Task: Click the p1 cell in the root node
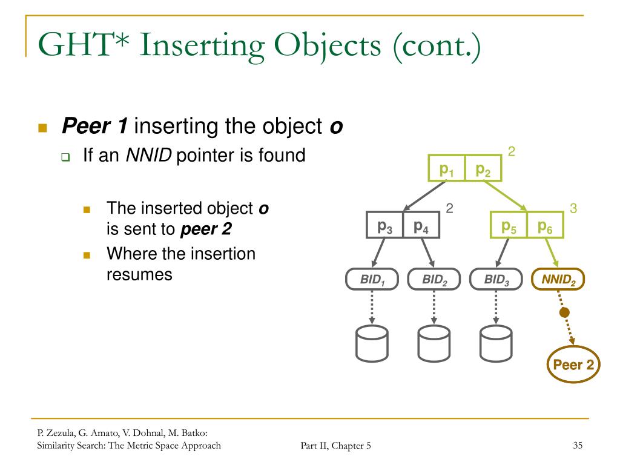coord(447,169)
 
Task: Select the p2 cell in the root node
coord(483,169)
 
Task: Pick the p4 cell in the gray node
coord(421,225)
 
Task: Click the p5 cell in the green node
coord(509,225)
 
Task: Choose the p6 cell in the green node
coord(545,225)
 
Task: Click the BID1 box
coord(372,279)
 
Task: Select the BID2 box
coord(434,279)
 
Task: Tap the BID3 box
coord(496,279)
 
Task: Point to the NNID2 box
coord(558,279)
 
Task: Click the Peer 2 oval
coord(573,364)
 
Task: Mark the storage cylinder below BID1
coord(372,344)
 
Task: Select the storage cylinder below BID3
coord(496,344)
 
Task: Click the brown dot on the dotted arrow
coord(564,312)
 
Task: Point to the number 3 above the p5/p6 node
coord(573,209)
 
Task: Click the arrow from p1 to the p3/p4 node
coord(426,195)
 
